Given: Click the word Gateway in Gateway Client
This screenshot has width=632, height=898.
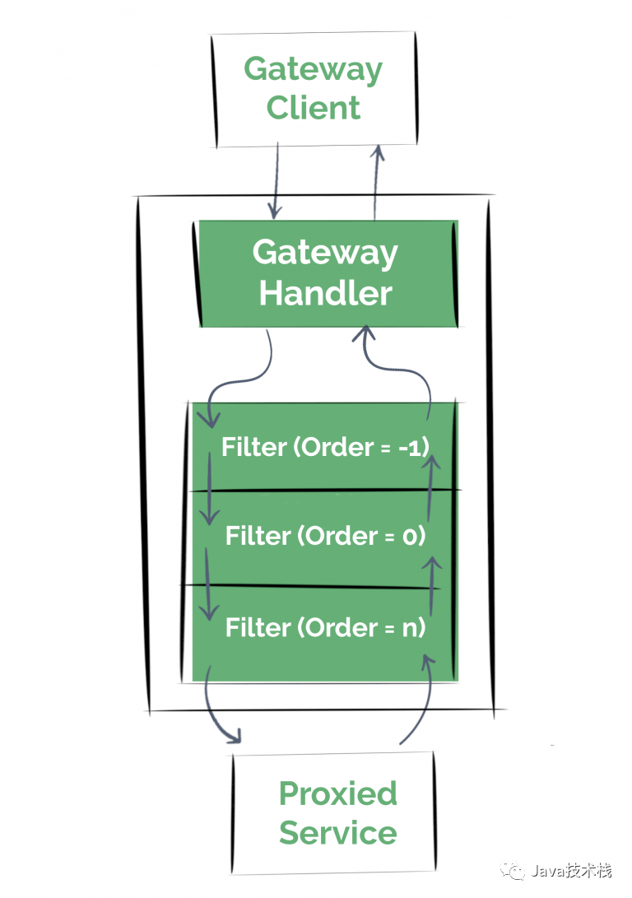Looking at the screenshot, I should click(314, 69).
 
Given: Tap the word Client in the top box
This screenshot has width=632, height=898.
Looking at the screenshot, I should click(314, 108).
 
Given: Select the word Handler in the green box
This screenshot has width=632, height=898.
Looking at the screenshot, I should click(326, 293).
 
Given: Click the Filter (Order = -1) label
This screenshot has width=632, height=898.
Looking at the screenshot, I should click(326, 447).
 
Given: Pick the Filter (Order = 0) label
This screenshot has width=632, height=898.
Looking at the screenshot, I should click(326, 537).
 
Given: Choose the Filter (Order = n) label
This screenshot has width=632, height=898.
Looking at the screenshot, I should click(326, 628).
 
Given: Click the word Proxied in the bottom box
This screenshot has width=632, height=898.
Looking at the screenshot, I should click(337, 793).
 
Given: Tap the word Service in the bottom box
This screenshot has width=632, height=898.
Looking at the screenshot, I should click(337, 832).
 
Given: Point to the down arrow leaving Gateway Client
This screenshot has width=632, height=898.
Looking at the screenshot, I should click(275, 181).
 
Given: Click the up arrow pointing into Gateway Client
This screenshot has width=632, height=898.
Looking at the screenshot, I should click(378, 181).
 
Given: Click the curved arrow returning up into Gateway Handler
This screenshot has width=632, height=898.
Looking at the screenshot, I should click(403, 362).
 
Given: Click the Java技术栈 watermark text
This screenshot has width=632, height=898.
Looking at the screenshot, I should click(571, 872).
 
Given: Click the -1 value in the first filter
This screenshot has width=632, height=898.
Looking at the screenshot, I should click(417, 447).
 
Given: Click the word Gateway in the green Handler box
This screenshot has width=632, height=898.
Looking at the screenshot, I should click(326, 252).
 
